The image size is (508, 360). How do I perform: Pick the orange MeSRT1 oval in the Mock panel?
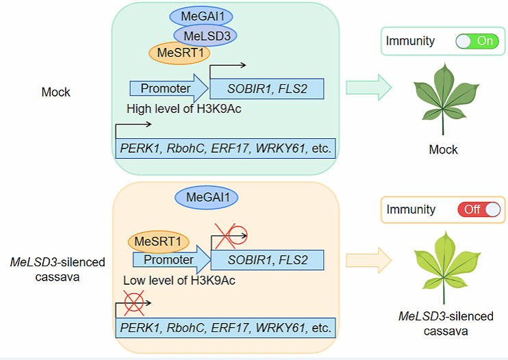coord(179,52)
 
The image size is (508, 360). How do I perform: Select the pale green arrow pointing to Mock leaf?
coord(368,88)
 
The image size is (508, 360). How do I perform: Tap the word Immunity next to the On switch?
coord(410,41)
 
